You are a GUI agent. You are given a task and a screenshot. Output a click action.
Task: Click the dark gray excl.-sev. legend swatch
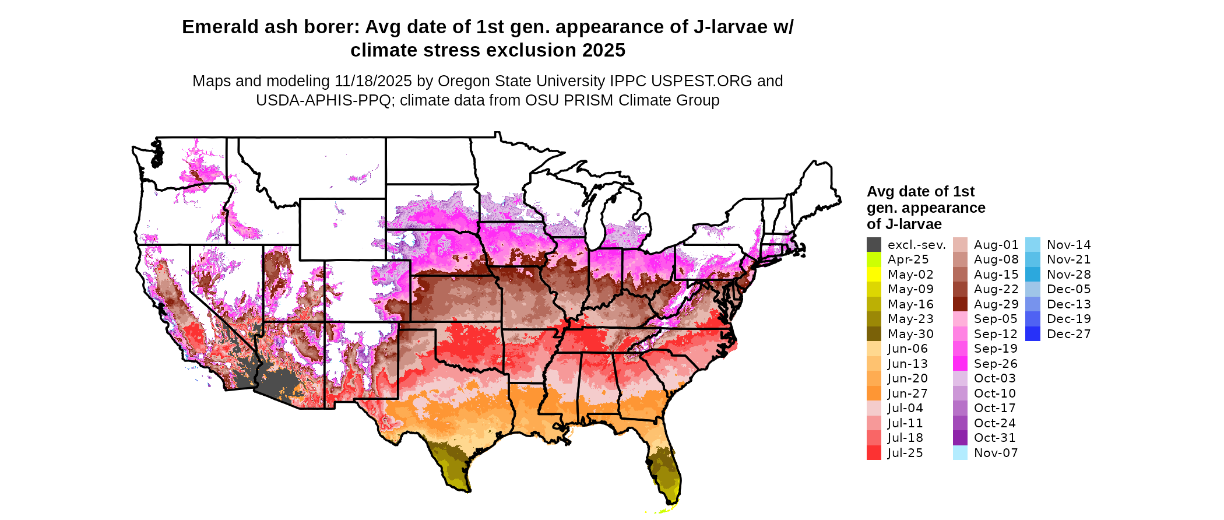pyautogui.click(x=874, y=245)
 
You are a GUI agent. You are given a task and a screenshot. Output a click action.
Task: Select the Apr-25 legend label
pyautogui.click(x=908, y=259)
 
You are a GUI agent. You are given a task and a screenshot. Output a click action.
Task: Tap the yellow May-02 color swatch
pyautogui.click(x=874, y=275)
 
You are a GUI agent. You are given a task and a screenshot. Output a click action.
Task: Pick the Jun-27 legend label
pyautogui.click(x=908, y=393)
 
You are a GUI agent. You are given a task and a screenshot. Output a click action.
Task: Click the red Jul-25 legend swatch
pyautogui.click(x=874, y=453)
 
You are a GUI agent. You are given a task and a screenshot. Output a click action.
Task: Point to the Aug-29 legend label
pyautogui.click(x=996, y=304)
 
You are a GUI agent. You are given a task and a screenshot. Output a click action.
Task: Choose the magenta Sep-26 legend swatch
pyautogui.click(x=960, y=364)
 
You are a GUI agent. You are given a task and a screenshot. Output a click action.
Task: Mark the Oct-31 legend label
pyautogui.click(x=994, y=438)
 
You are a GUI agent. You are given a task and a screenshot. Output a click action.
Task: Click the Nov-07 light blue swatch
pyautogui.click(x=960, y=453)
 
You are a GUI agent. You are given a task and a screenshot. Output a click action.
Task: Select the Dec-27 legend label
pyautogui.click(x=1068, y=334)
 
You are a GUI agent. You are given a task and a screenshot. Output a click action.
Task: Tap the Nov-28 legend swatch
pyautogui.click(x=1032, y=275)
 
